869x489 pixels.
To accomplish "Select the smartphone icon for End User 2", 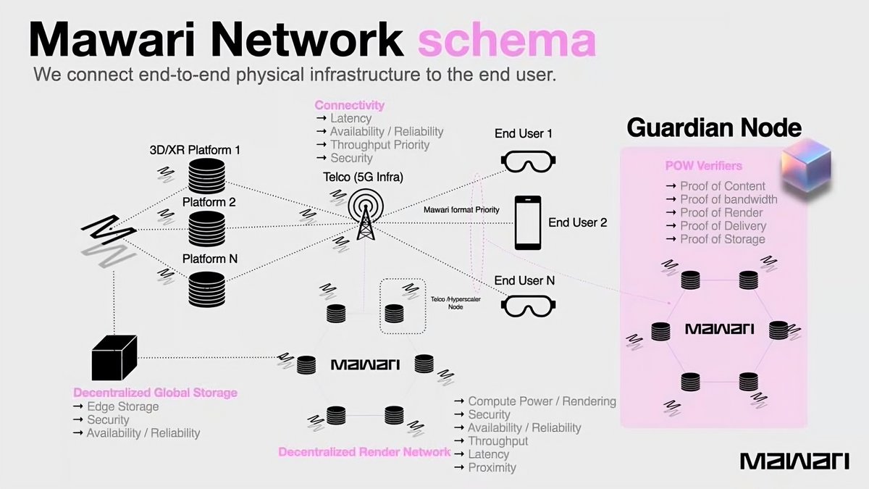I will click(x=527, y=223).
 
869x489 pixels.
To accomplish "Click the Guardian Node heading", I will click(x=713, y=128).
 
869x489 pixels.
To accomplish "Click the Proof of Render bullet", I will click(x=721, y=212).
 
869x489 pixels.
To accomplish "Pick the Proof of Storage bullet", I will click(x=722, y=239).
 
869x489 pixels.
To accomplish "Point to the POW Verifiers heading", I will click(x=703, y=166).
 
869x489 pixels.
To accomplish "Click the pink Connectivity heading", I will click(x=349, y=105).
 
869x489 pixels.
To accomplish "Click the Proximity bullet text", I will click(x=492, y=467).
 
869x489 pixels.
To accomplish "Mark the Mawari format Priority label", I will click(x=461, y=209).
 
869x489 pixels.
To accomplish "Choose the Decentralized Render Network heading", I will click(x=364, y=452).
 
